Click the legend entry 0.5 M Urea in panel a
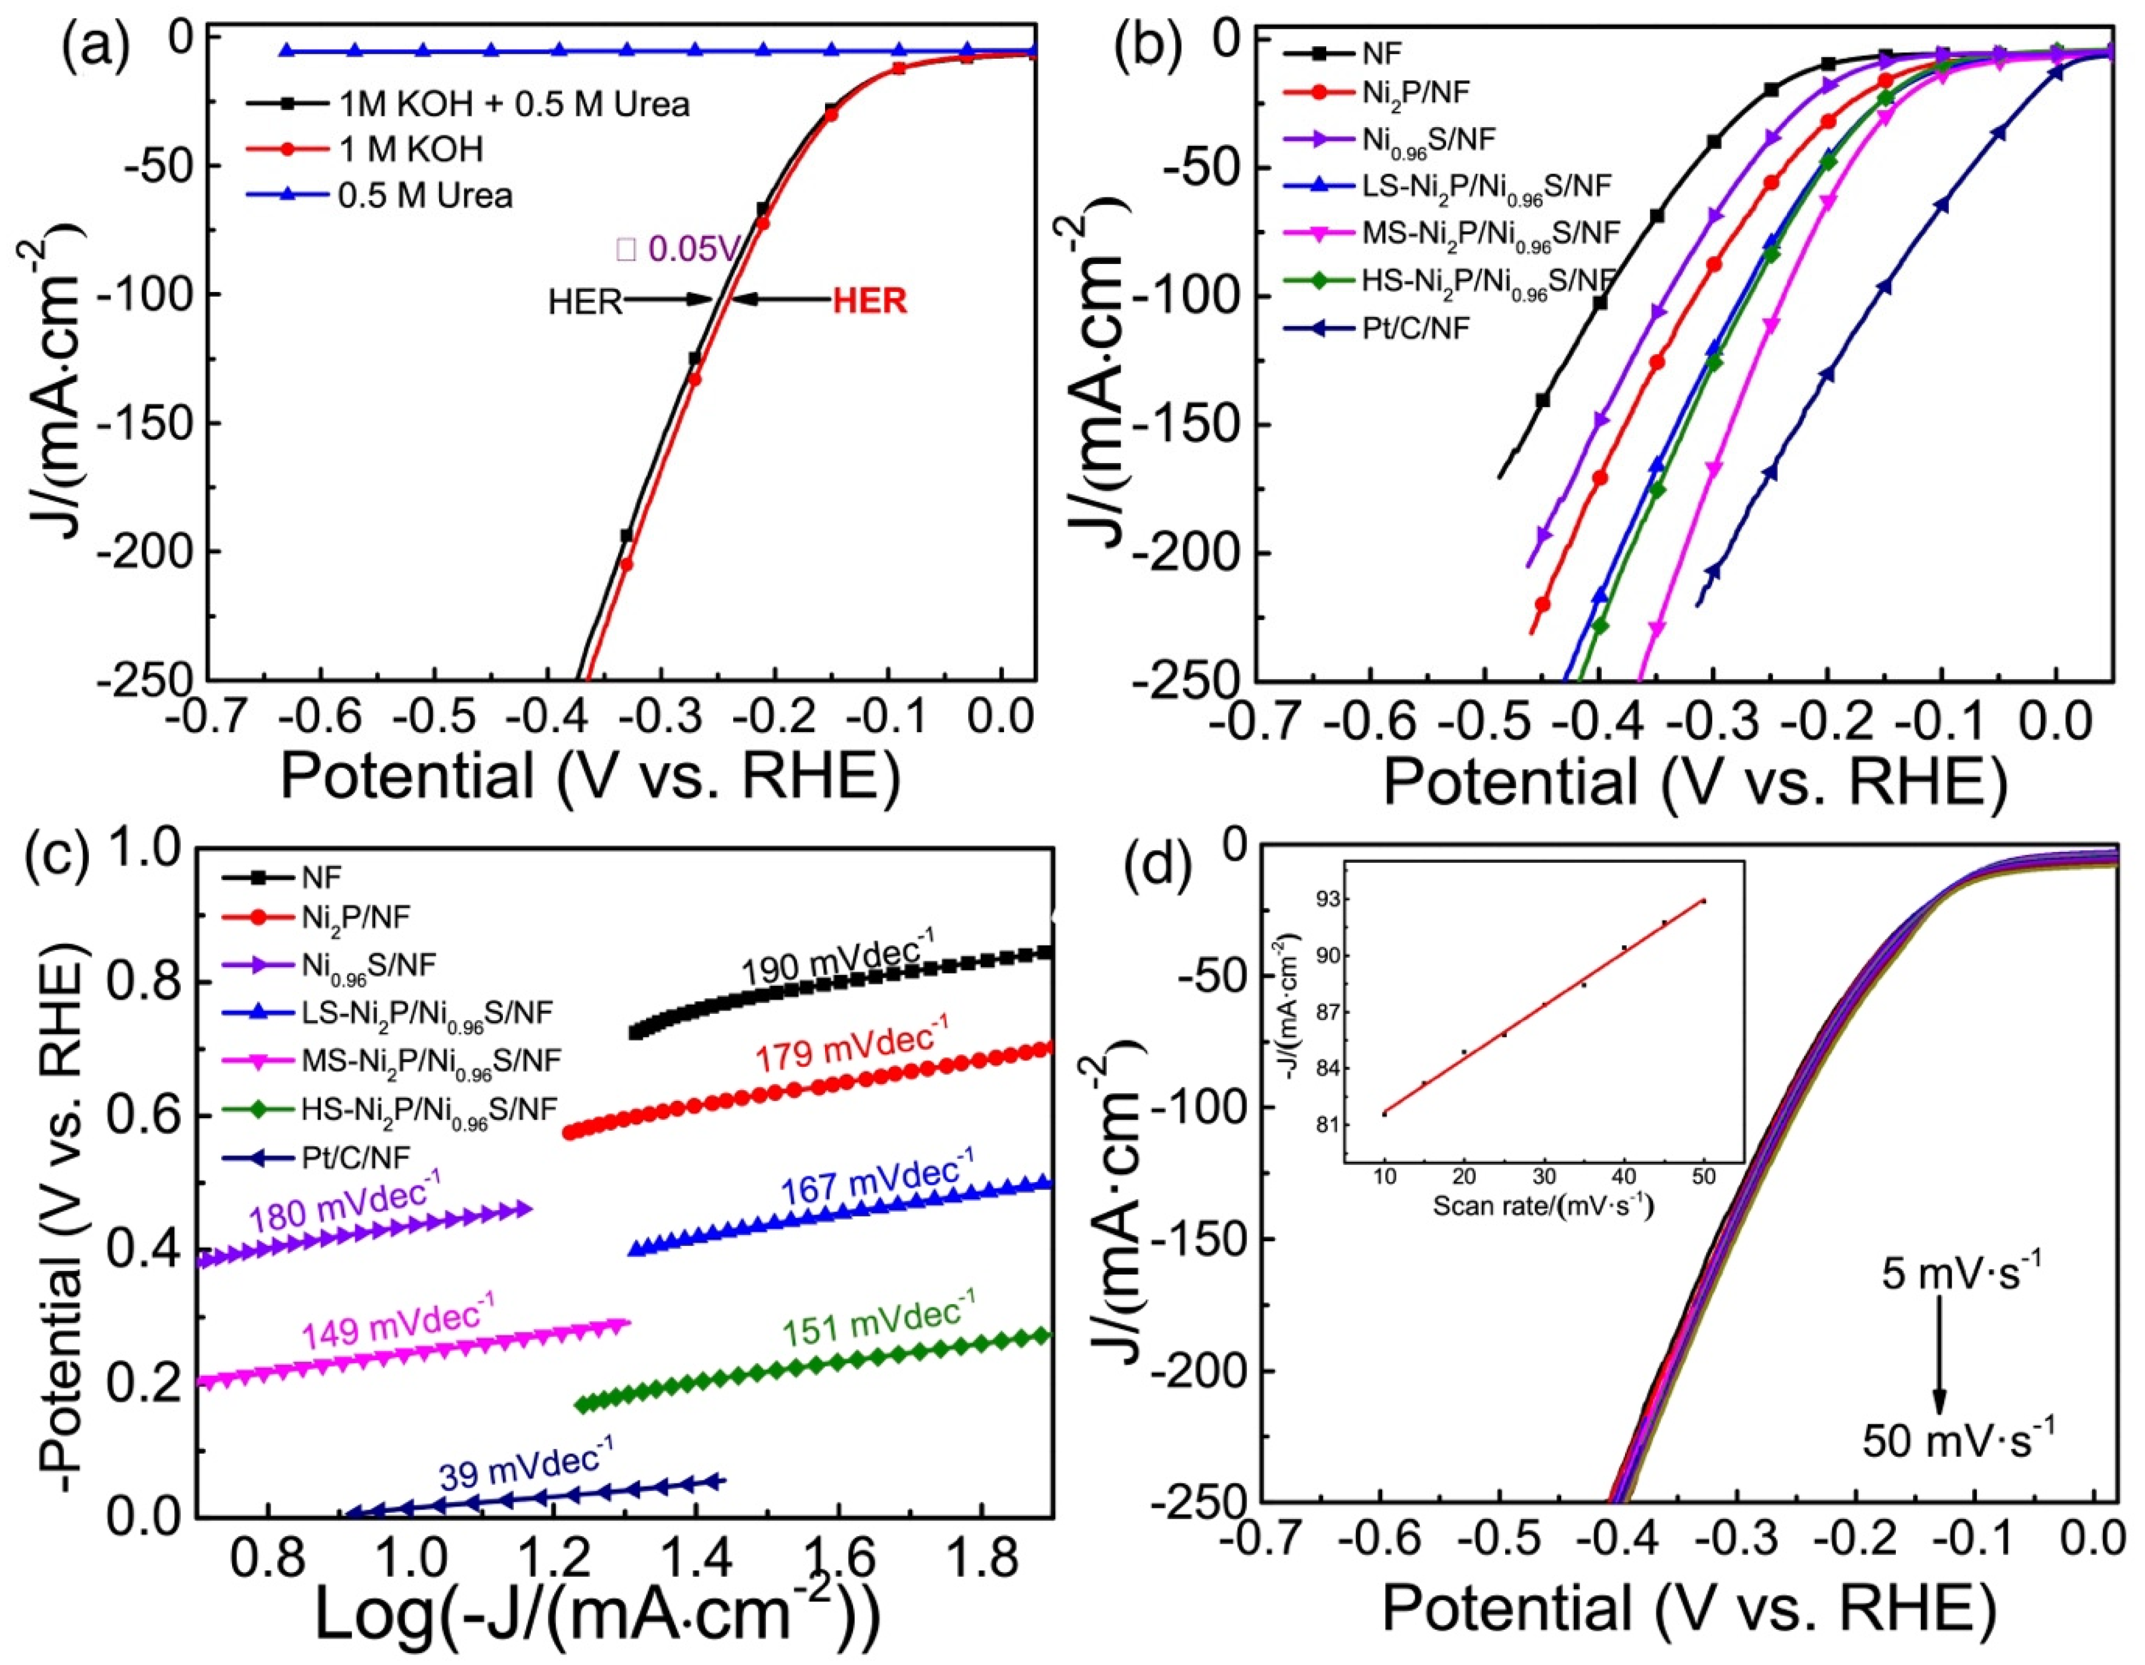coord(424,196)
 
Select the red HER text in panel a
coord(869,300)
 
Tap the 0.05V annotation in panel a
coord(678,250)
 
